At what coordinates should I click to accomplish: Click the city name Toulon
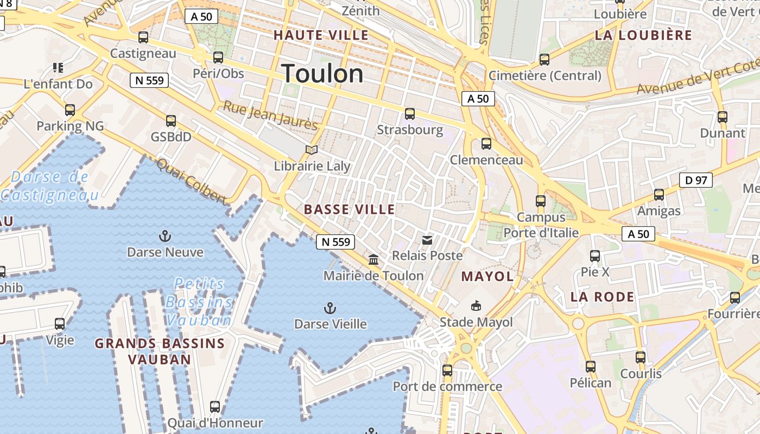[322, 74]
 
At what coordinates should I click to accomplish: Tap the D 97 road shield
[695, 180]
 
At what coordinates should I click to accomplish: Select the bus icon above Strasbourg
[410, 114]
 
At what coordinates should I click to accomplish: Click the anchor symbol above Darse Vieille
[330, 308]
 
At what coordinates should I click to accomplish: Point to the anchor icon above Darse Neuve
[164, 236]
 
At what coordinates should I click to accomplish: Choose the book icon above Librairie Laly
[311, 150]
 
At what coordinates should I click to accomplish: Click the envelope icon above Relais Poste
[427, 240]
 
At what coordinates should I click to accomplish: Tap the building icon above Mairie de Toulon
[373, 260]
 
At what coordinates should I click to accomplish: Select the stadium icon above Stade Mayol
[476, 306]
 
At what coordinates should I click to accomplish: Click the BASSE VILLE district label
[349, 209]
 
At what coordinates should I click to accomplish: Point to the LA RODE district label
[602, 297]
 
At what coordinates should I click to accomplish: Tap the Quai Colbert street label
[191, 182]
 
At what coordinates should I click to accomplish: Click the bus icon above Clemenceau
[486, 144]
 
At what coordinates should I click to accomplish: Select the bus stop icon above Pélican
[591, 367]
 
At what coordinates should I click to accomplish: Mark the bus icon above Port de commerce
[447, 371]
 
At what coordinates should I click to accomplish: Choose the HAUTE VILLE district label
[321, 35]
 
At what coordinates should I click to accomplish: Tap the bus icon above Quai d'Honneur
[215, 407]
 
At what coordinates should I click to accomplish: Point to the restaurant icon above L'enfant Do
[58, 68]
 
